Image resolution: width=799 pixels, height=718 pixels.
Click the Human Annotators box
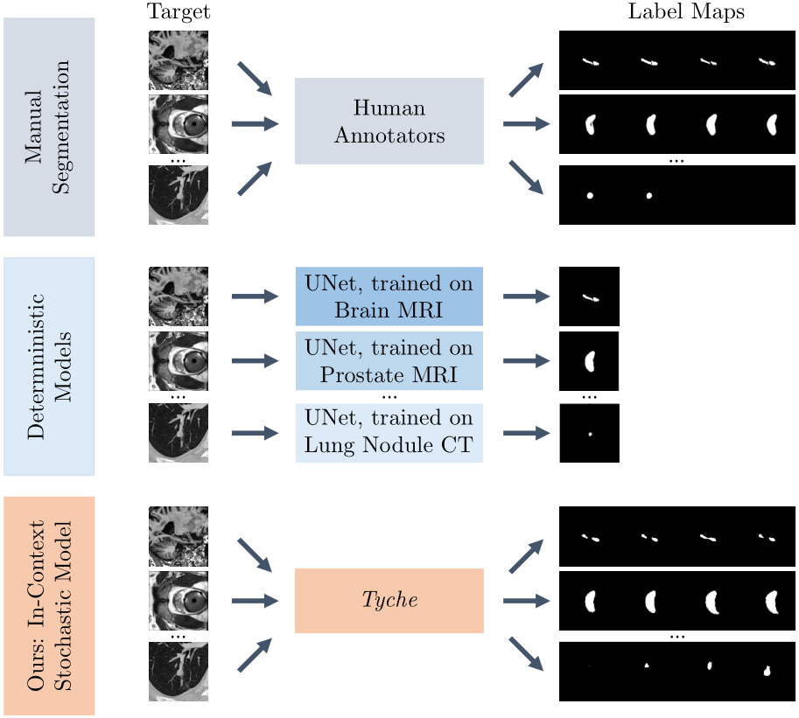(x=389, y=122)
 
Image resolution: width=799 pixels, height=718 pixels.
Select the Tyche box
(x=389, y=600)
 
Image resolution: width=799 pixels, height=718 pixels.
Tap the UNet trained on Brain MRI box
(x=389, y=296)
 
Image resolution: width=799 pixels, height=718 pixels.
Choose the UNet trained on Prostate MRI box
(x=389, y=361)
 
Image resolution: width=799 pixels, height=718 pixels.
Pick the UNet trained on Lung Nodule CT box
(x=389, y=433)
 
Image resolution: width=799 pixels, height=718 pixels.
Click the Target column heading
(x=179, y=11)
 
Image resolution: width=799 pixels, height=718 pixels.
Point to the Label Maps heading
(x=686, y=11)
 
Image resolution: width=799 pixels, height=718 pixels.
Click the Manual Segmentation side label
(x=49, y=127)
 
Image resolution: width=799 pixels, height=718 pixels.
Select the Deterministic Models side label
(x=49, y=366)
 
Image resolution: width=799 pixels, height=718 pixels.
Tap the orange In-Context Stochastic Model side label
(x=49, y=605)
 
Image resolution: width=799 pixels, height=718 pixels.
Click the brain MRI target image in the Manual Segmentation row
(x=179, y=60)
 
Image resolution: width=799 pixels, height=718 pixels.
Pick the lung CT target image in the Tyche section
(x=179, y=672)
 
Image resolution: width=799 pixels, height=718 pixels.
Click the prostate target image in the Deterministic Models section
(x=179, y=361)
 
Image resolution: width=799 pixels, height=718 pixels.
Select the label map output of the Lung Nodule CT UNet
(x=590, y=433)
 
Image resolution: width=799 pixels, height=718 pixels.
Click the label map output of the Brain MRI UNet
(x=590, y=296)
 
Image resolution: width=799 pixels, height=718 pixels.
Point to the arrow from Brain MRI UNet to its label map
(x=526, y=296)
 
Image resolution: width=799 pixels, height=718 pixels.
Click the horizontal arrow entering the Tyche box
(x=256, y=601)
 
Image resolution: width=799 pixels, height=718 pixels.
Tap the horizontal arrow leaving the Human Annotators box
(x=526, y=123)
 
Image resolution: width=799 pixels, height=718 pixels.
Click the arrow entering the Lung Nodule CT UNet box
(x=256, y=434)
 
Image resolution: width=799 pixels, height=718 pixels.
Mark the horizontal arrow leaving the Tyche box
(x=526, y=601)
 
